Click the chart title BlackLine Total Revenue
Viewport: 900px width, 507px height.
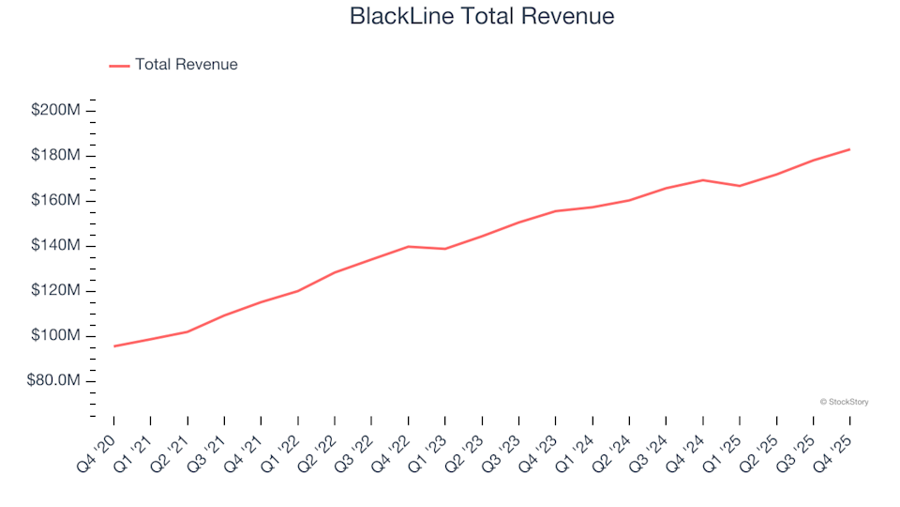pyautogui.click(x=482, y=16)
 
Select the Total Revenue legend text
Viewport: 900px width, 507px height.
pyautogui.click(x=186, y=65)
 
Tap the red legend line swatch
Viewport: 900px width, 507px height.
pyautogui.click(x=119, y=66)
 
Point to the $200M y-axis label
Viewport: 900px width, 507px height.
pyautogui.click(x=56, y=111)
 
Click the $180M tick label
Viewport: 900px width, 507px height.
pyautogui.click(x=56, y=156)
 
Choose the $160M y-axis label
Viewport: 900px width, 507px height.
pyautogui.click(x=56, y=201)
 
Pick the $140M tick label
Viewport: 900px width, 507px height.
pyautogui.click(x=56, y=246)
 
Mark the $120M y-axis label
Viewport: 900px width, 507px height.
pyautogui.click(x=56, y=291)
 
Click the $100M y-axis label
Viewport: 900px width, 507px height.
pyautogui.click(x=56, y=336)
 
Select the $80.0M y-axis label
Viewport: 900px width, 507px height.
pyautogui.click(x=53, y=381)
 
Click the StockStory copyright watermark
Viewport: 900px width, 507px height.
pyautogui.click(x=844, y=402)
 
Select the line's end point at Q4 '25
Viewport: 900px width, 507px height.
pyautogui.click(x=849, y=149)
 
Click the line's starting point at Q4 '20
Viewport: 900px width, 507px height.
pyautogui.click(x=114, y=346)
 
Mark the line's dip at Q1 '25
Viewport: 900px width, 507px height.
pyautogui.click(x=740, y=186)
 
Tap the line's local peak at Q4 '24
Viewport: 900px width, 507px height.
pyautogui.click(x=702, y=180)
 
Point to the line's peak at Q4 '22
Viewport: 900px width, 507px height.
pyautogui.click(x=408, y=246)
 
